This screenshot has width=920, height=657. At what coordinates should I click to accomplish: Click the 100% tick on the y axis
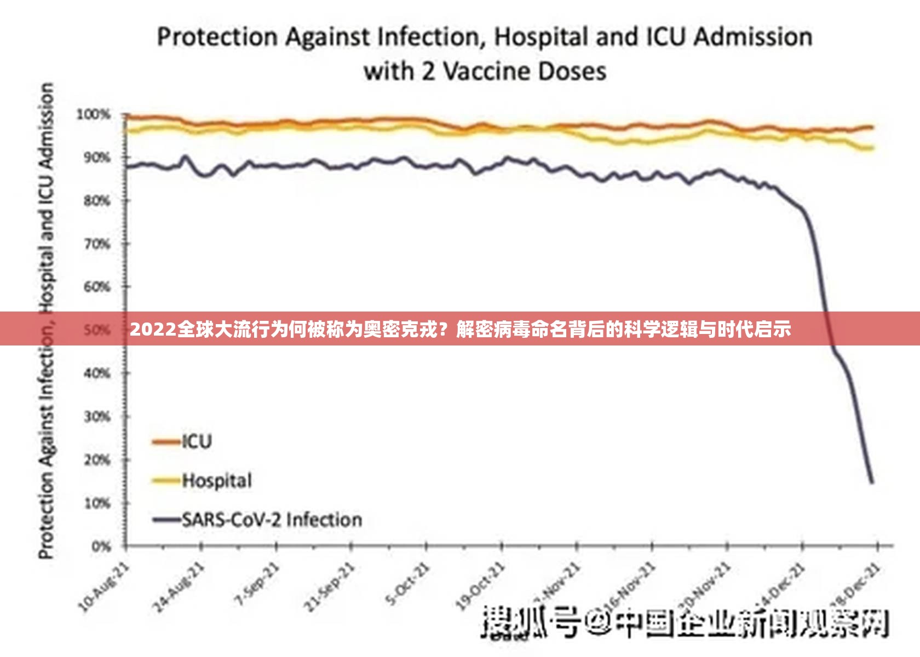[x=93, y=115]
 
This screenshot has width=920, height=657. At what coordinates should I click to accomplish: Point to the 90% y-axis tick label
[x=97, y=158]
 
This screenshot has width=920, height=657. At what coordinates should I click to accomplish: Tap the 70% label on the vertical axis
[x=97, y=244]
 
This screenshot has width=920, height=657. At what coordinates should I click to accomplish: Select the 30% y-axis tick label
[x=97, y=417]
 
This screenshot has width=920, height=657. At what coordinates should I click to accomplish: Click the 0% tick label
[x=101, y=546]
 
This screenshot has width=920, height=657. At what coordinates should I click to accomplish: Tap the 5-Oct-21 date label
[x=408, y=584]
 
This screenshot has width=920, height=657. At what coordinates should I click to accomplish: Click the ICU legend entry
[x=197, y=441]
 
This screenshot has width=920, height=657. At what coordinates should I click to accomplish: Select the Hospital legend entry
[x=217, y=481]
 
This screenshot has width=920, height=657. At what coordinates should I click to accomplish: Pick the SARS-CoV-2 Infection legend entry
[x=272, y=520]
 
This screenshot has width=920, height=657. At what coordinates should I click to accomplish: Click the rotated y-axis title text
[x=47, y=320]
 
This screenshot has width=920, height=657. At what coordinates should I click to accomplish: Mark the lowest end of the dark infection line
[x=872, y=482]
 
